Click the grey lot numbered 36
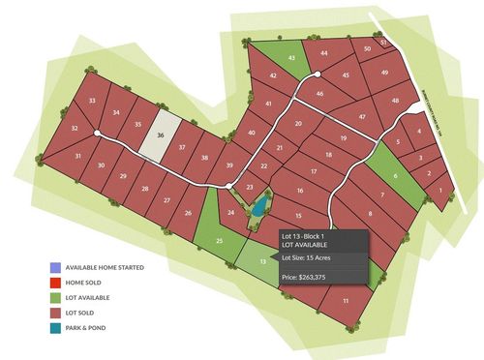(x=160, y=135)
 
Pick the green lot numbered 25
(x=220, y=239)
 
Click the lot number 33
(x=92, y=101)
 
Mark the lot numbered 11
(x=346, y=302)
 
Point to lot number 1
(x=441, y=191)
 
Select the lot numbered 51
(x=384, y=43)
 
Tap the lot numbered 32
(x=75, y=128)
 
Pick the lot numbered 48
(x=395, y=100)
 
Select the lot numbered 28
(x=145, y=189)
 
